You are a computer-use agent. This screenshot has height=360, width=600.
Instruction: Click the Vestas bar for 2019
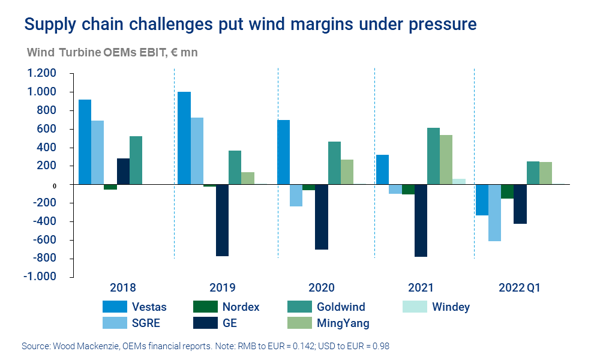click(x=184, y=138)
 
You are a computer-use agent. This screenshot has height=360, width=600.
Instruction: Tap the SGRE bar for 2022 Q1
click(x=494, y=212)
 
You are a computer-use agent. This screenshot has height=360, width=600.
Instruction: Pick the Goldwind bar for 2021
click(x=433, y=156)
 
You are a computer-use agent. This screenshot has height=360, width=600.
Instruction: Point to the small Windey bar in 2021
click(x=459, y=181)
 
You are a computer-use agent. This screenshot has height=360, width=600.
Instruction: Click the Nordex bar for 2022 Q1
click(x=507, y=191)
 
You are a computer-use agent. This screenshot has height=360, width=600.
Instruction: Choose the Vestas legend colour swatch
click(x=114, y=307)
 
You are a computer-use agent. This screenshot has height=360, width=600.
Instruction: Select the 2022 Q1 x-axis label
click(x=520, y=287)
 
